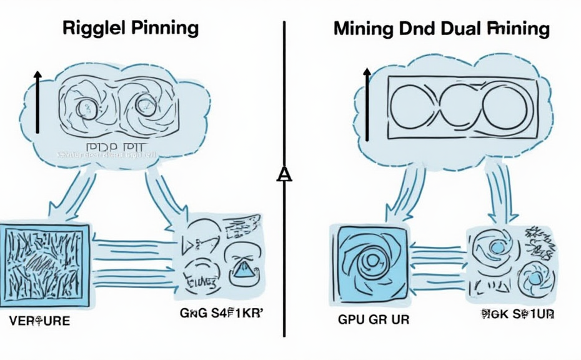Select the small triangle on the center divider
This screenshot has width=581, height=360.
point(284,174)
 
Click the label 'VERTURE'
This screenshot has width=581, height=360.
point(39,322)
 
